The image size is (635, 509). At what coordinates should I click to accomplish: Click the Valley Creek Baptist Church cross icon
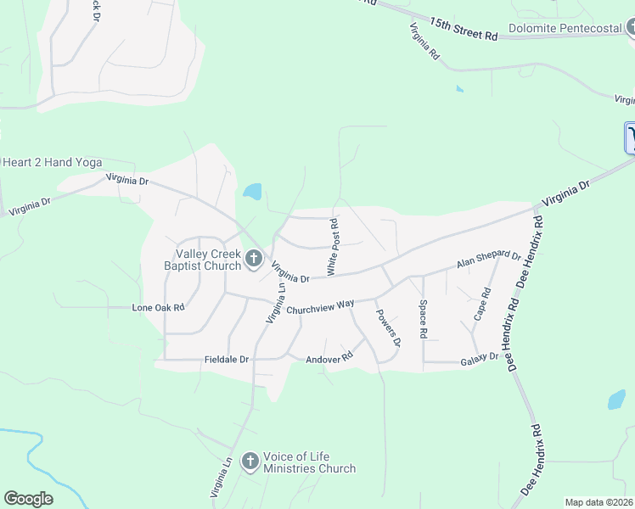[253, 260]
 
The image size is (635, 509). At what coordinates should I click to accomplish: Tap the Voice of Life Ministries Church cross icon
[250, 461]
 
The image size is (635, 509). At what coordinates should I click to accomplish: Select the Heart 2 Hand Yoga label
[53, 163]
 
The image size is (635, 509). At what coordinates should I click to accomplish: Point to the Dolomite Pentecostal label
[565, 28]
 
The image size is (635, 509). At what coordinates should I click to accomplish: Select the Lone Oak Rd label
[158, 307]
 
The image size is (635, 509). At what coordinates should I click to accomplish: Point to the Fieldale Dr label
[227, 360]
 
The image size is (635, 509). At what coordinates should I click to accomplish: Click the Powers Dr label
[387, 327]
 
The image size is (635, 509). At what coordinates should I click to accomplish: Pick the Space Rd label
[422, 319]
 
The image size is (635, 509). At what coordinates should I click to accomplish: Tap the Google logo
[28, 499]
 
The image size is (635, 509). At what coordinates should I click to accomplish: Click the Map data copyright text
[598, 502]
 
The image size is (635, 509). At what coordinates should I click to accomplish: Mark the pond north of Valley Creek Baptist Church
[252, 192]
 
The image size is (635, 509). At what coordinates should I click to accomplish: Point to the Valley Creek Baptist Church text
[208, 260]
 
